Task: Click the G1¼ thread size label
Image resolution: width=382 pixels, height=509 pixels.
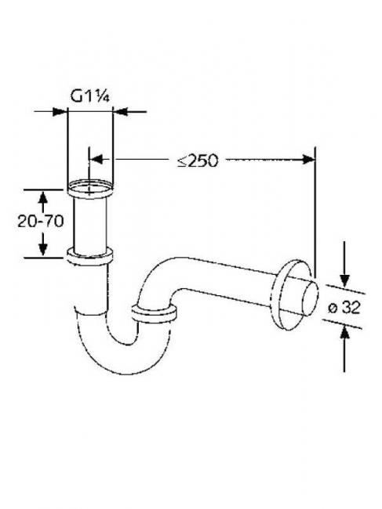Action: pyautogui.click(x=89, y=96)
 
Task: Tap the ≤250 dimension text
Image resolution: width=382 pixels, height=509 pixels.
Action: pyautogui.click(x=198, y=160)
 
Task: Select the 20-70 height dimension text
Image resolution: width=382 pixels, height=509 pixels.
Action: pyautogui.click(x=40, y=222)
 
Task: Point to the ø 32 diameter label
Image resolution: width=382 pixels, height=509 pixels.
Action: pyautogui.click(x=344, y=307)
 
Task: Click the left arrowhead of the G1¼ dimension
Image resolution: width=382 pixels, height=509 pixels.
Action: pyautogui.click(x=60, y=112)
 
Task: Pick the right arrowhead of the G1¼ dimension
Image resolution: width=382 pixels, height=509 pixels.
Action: pyautogui.click(x=120, y=112)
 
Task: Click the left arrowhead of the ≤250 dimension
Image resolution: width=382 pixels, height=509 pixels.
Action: pyautogui.click(x=96, y=160)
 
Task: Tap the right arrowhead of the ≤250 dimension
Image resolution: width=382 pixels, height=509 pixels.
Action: pyautogui.click(x=307, y=160)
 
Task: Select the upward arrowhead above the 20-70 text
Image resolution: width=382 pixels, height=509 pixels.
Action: pyautogui.click(x=43, y=197)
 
